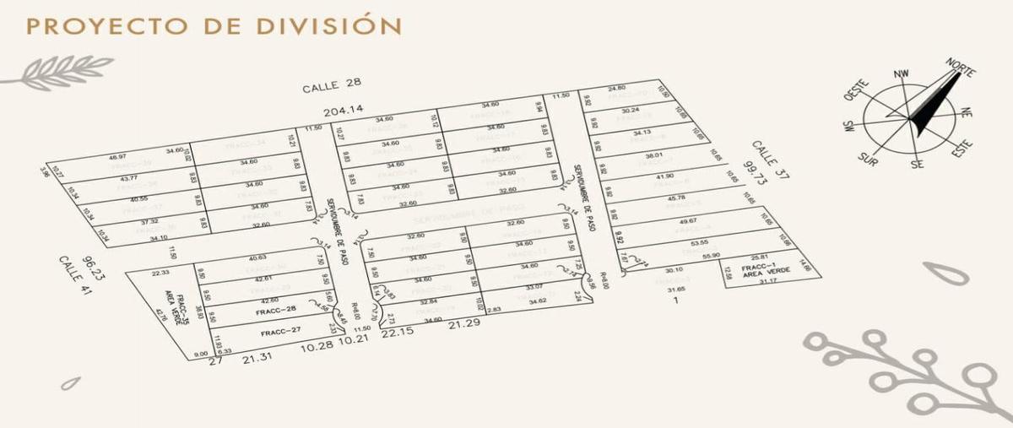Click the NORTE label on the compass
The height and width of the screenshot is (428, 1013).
tap(960, 68)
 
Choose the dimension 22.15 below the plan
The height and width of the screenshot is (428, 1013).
tap(398, 333)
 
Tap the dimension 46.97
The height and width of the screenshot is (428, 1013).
tap(117, 157)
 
